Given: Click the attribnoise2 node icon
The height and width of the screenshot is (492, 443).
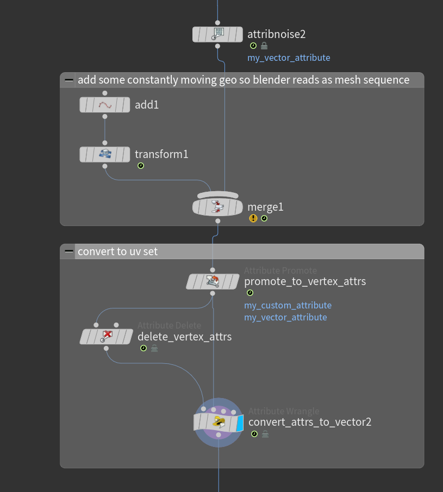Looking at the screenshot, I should [218, 34].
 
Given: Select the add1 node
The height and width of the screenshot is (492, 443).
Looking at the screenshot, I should [105, 105].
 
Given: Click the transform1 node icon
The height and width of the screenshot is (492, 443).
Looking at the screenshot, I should [105, 154].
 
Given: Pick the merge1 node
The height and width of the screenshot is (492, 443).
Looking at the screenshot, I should [218, 207].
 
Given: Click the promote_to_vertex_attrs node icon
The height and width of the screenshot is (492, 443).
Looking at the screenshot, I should [213, 281].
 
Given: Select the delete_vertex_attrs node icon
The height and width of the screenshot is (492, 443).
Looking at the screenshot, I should [106, 337].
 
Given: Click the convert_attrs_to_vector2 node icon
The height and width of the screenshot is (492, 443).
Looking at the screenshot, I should [219, 422].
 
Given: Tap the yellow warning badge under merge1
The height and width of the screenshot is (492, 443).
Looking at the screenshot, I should [253, 218].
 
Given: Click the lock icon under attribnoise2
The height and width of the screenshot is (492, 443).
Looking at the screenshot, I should [264, 46].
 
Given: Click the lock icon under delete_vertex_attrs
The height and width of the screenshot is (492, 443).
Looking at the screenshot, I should [154, 349].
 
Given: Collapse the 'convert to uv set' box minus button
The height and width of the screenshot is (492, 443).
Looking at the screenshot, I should [68, 251].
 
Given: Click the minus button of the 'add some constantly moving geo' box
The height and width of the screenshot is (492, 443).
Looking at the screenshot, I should [68, 80].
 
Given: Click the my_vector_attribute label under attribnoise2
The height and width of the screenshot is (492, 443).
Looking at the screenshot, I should [289, 58].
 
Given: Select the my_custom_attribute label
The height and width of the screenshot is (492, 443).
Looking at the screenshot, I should [288, 305].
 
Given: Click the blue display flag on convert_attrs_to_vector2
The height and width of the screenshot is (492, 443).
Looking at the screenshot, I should [240, 422].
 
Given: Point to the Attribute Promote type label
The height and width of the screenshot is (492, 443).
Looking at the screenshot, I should [280, 270].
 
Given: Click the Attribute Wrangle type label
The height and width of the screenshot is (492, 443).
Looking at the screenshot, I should [284, 411].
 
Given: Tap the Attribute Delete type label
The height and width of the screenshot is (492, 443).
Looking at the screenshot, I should [169, 325].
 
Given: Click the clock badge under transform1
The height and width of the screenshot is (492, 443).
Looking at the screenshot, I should [140, 166].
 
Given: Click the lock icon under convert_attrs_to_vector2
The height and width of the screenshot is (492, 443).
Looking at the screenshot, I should [265, 434].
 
